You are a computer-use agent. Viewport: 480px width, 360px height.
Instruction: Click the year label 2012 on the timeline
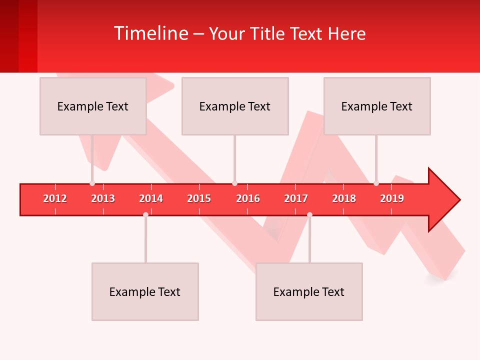coord(55,198)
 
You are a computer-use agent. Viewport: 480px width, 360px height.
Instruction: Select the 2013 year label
coord(103,198)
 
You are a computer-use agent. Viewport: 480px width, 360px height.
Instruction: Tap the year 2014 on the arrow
coord(151,198)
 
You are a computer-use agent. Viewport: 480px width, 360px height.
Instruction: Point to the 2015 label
coord(199,198)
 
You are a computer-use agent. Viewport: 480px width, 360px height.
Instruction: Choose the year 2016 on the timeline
coord(248,198)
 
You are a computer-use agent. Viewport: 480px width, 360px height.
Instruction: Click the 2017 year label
coord(296,198)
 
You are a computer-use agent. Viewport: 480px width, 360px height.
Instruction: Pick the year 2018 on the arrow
coord(344,198)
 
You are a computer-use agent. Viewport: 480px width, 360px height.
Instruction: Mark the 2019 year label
coord(392,198)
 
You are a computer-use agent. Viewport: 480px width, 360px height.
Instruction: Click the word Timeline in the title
coord(150,33)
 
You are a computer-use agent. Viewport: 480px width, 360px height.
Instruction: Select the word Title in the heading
coord(268,33)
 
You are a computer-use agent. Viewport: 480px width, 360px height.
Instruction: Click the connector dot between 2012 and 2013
coord(92,183)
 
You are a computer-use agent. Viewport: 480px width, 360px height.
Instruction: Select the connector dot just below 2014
coord(145,214)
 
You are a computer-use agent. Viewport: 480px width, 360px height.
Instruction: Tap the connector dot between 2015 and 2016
coord(234,183)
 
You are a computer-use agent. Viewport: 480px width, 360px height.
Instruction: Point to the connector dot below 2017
coord(309,214)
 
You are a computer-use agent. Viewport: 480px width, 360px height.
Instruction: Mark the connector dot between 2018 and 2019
coord(376,183)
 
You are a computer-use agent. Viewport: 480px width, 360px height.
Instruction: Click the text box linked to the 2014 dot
coord(145,291)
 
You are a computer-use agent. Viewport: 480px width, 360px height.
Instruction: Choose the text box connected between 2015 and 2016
coord(235,106)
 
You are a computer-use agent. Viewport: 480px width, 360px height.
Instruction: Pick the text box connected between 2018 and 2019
coord(377,106)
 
